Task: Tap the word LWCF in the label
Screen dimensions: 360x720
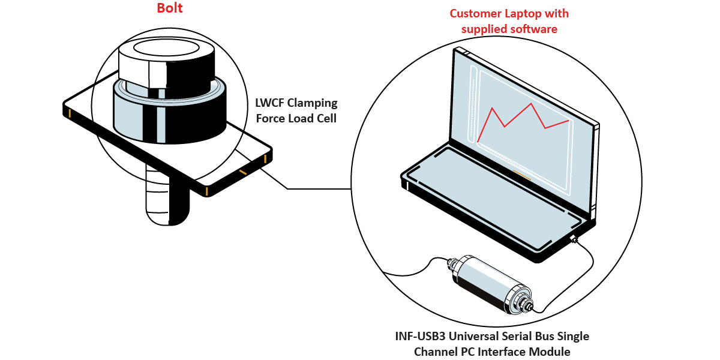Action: [x=271, y=104]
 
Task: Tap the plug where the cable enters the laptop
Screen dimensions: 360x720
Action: [x=574, y=240]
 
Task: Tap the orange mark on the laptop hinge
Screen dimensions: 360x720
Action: [x=521, y=175]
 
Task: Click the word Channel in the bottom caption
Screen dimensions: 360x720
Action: [x=434, y=351]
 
